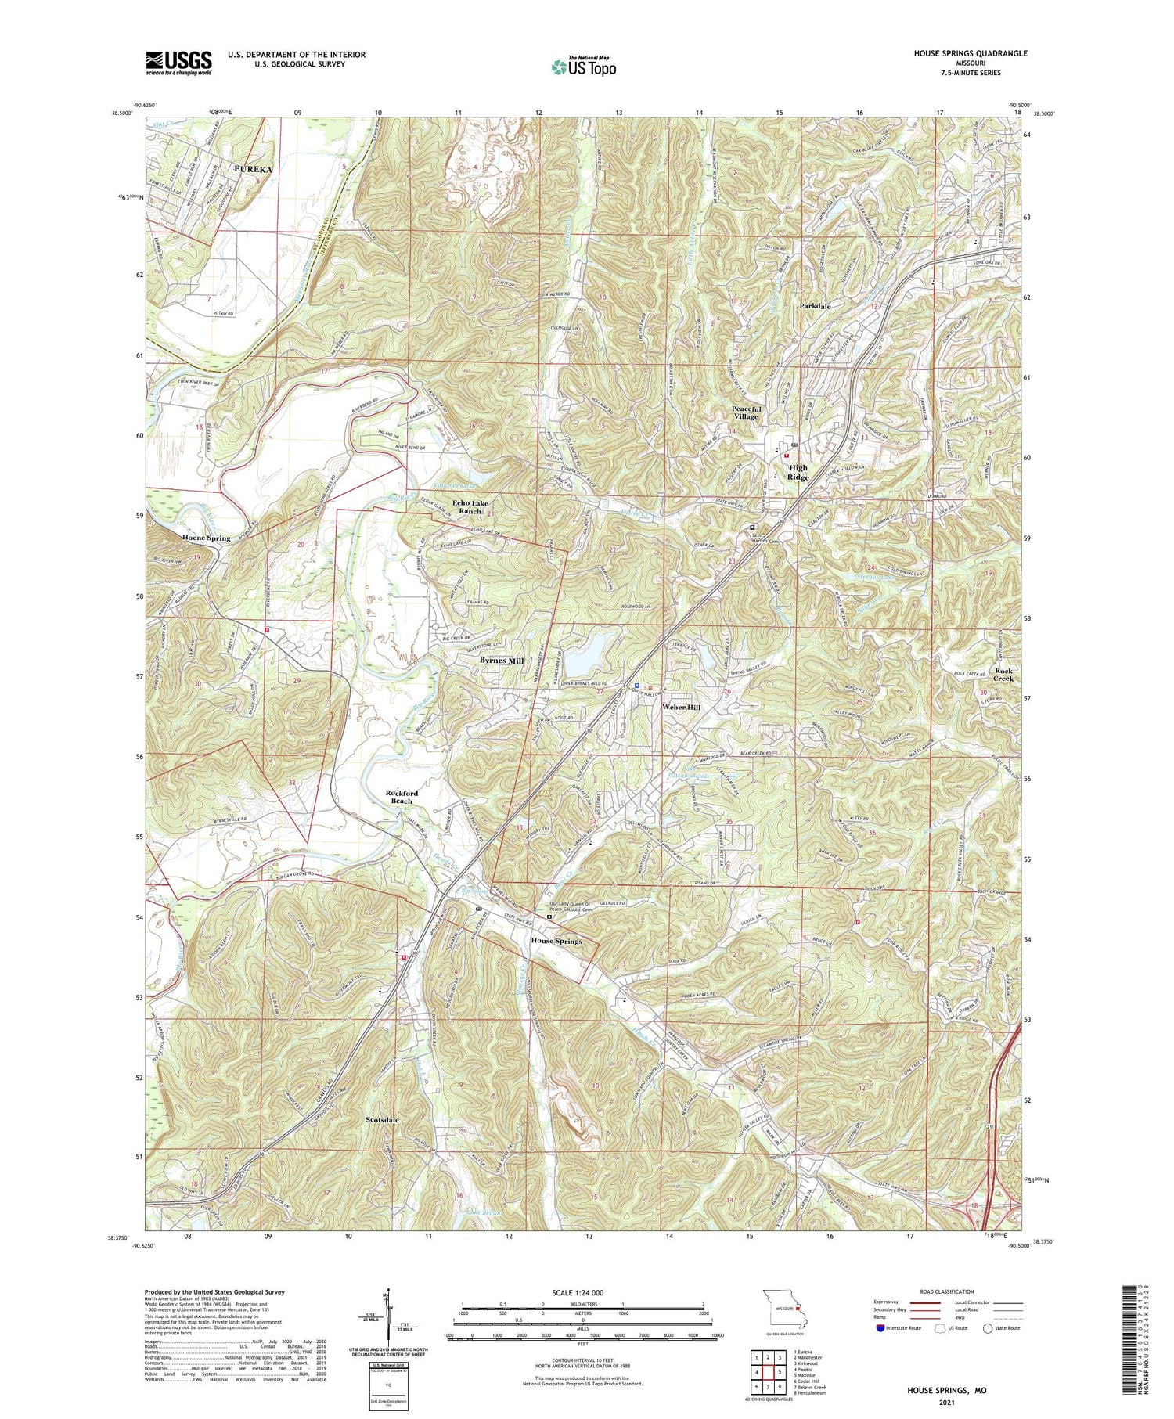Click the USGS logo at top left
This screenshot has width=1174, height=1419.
point(178,63)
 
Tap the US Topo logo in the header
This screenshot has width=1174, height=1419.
point(583,67)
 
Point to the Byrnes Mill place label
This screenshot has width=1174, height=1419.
point(501,661)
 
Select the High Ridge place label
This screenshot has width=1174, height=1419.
point(798,472)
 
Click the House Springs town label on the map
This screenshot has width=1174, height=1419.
point(556,941)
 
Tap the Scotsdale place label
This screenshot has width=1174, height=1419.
point(382,1120)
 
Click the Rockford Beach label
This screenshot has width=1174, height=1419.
point(404,797)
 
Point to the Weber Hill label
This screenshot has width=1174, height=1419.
point(682,707)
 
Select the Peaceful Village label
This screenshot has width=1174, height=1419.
point(745,412)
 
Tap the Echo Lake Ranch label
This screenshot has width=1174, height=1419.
point(470,506)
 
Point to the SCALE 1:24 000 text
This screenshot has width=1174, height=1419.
point(583,1292)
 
